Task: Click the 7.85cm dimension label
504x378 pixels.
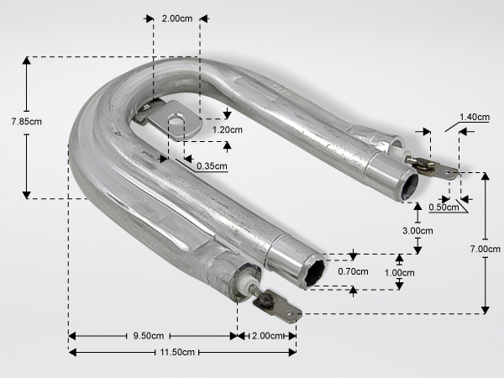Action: [x=26, y=122]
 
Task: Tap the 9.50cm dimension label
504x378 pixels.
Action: [x=148, y=336]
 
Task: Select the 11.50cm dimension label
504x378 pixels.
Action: [x=177, y=352]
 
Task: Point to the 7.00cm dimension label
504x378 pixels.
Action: [x=485, y=249]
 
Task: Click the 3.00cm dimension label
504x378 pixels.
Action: [x=417, y=231]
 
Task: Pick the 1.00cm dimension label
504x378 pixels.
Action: [x=400, y=273]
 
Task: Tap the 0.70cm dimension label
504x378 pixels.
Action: [x=353, y=271]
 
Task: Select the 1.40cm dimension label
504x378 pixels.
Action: [x=475, y=117]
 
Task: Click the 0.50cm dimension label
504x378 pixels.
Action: [x=444, y=207]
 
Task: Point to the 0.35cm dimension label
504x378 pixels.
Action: [x=212, y=166]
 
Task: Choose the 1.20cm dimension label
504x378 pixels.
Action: [x=228, y=130]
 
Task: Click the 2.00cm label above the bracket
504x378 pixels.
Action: [x=177, y=18]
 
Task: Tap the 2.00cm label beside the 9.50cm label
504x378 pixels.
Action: [x=267, y=336]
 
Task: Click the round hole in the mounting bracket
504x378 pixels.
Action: [x=174, y=121]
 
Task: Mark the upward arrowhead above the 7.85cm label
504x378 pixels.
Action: [x=27, y=60]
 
